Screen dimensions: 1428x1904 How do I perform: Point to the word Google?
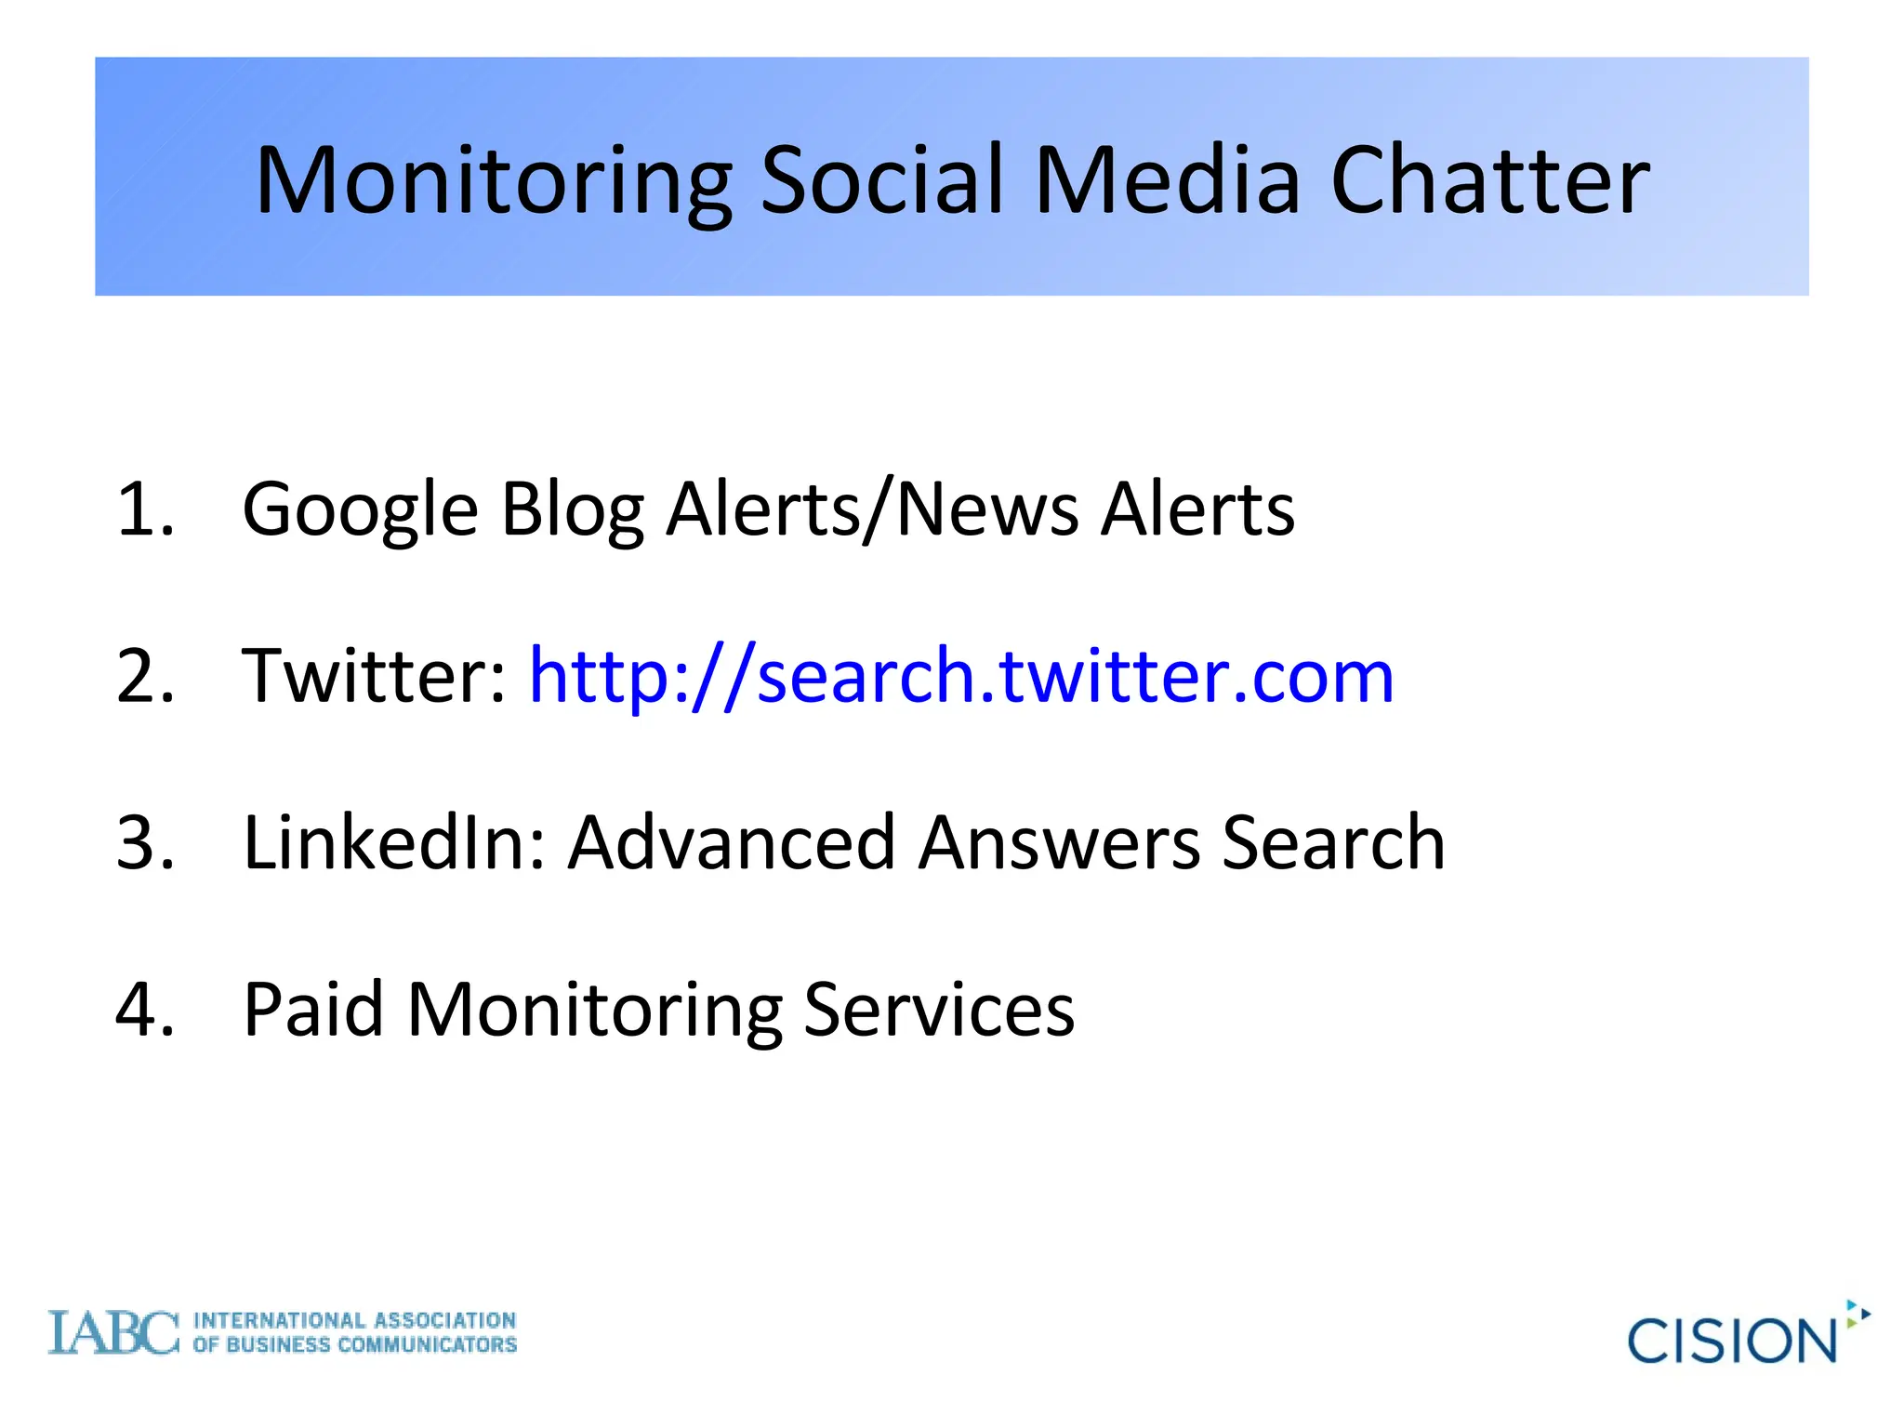tap(360, 510)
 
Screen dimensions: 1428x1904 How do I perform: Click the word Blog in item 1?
tap(572, 510)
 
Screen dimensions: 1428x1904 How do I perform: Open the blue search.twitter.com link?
tap(961, 676)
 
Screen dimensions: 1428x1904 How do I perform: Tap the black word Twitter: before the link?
tap(375, 676)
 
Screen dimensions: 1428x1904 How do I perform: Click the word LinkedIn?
tap(394, 842)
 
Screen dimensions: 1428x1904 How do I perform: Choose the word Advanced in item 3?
tap(732, 842)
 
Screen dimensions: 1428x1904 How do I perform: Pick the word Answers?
tap(1059, 842)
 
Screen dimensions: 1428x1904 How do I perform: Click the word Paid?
tap(313, 1009)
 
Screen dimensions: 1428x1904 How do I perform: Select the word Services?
tap(939, 1009)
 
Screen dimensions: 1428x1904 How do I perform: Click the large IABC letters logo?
tap(113, 1332)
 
